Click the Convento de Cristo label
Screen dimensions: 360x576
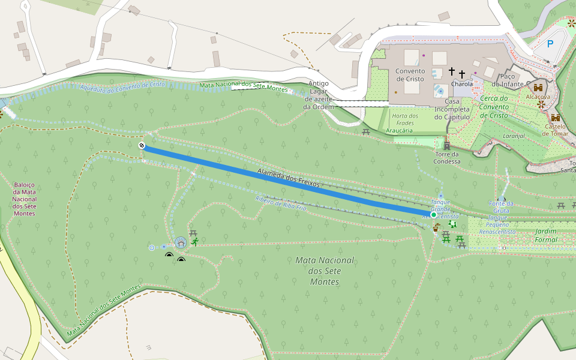click(410, 75)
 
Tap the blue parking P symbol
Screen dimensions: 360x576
click(550, 44)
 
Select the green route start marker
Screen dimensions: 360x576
click(433, 214)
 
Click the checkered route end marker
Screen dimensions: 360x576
click(142, 145)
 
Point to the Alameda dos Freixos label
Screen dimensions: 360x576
click(289, 178)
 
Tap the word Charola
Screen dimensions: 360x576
click(462, 85)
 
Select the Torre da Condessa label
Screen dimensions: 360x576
click(447, 158)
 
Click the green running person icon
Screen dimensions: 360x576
click(195, 242)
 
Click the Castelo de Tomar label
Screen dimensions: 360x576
click(555, 130)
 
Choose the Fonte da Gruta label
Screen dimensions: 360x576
click(501, 207)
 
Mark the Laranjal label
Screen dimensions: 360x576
click(514, 136)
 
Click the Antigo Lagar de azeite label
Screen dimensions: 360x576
click(317, 95)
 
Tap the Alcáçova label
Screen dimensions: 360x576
click(538, 96)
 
